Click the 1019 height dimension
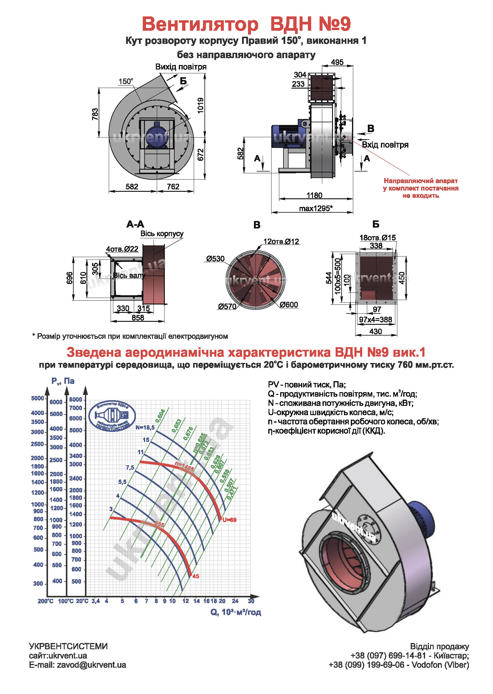pos(200,105)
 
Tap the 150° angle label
pos(126,81)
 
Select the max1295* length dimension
pos(316,208)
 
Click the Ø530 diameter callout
pos(215,259)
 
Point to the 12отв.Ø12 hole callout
pos(281,242)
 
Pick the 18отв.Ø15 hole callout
pos(378,237)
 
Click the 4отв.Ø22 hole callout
pos(122,249)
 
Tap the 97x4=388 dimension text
pos(376,319)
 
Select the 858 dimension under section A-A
pos(138,318)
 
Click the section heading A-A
pos(135,225)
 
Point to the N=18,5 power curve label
pos(145,428)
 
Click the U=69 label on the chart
pos(229,520)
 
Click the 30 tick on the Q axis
pos(251,601)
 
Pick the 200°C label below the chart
pos(46,601)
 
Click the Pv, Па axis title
pos(63,381)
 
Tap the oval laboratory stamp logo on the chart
pos(112,416)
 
